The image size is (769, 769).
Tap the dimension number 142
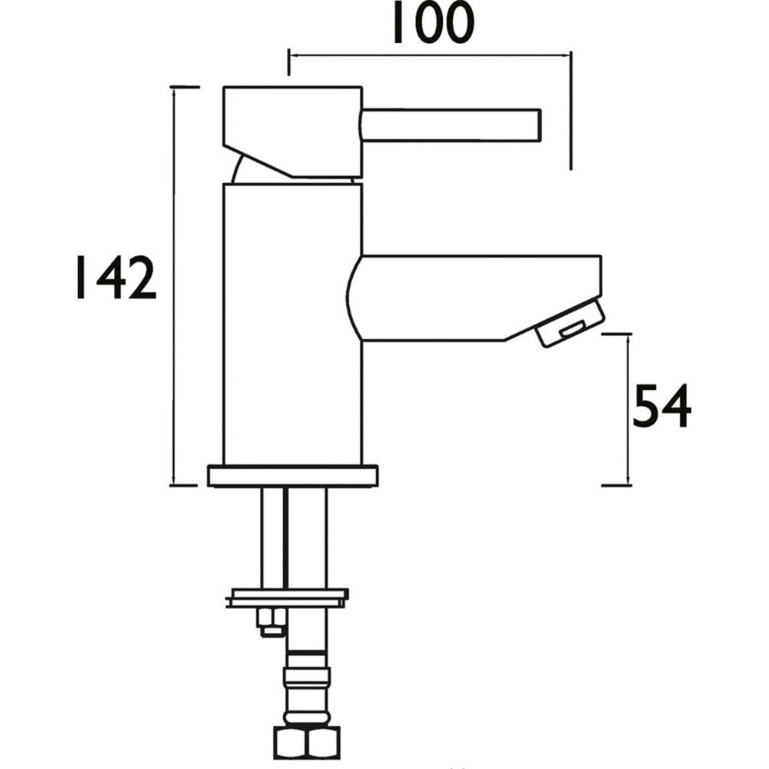point(115,278)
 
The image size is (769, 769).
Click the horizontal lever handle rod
point(454,125)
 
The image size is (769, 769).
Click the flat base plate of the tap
point(293,475)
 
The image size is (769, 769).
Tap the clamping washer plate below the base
point(288,598)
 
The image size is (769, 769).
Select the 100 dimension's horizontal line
point(431,55)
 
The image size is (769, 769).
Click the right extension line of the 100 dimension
point(571,115)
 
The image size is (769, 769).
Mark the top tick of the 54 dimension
point(616,335)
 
